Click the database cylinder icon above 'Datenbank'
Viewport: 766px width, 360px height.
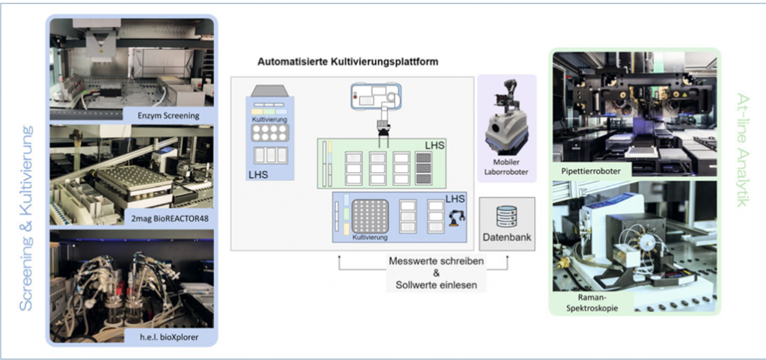coord(506,217)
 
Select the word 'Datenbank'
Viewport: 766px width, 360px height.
coord(506,237)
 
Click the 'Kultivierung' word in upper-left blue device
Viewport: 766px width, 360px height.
coord(269,119)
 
